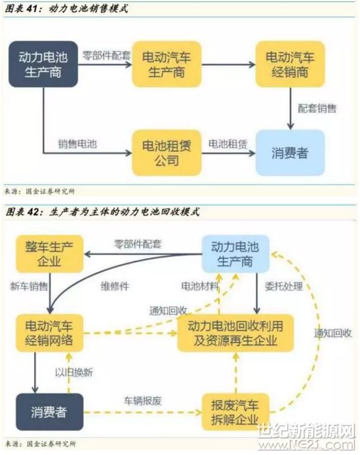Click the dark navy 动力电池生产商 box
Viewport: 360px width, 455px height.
(x=43, y=64)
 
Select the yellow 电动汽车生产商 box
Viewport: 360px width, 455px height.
(x=167, y=64)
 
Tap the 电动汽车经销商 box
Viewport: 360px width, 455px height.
(x=290, y=64)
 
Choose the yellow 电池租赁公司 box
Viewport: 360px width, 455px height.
(x=167, y=153)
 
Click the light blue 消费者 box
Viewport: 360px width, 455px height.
(x=290, y=153)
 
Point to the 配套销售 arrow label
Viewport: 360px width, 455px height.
(x=317, y=109)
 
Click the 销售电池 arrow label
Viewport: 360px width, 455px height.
(x=77, y=144)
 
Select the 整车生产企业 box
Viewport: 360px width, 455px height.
(x=49, y=254)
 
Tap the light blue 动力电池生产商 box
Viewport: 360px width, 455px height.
(x=235, y=254)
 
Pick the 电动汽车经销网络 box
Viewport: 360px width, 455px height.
(x=49, y=333)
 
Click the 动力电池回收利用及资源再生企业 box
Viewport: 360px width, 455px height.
(x=235, y=333)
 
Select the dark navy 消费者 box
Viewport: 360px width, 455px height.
(x=49, y=412)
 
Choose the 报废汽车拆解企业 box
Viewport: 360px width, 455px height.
(x=235, y=412)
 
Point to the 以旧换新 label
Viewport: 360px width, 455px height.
(x=74, y=372)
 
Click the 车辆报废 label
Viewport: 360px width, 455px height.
(x=142, y=401)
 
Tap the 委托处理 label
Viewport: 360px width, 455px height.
(x=284, y=287)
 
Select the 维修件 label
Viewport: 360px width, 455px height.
(x=115, y=287)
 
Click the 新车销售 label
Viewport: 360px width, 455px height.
(x=29, y=287)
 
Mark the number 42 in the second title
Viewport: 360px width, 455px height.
(x=33, y=212)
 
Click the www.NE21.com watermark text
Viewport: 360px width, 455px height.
(x=307, y=445)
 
